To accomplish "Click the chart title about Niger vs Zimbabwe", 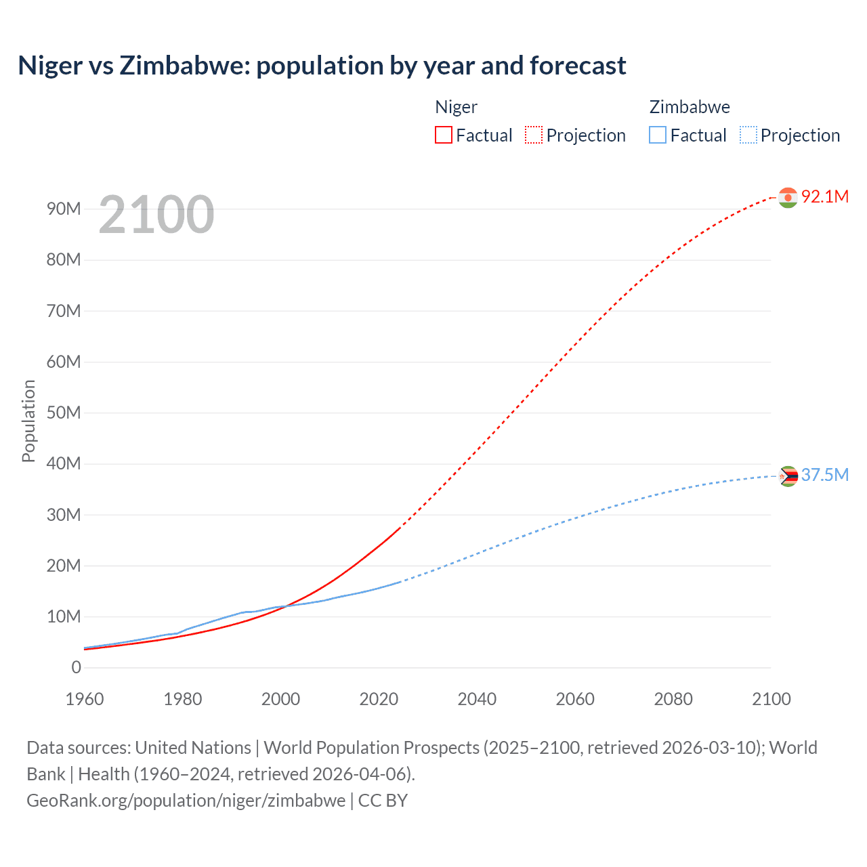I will click(x=322, y=66).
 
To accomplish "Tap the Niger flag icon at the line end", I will click(x=788, y=197).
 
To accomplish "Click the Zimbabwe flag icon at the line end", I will click(x=788, y=476).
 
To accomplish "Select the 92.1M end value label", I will click(x=824, y=196).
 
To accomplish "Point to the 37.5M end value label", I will click(x=824, y=475).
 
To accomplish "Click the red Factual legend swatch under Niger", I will click(x=443, y=135).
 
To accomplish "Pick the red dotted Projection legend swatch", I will click(x=534, y=135).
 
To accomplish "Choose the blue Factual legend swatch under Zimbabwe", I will click(x=657, y=135).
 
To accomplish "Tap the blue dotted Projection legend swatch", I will click(x=748, y=135).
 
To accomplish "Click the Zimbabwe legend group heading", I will click(x=690, y=107).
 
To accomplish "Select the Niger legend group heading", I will click(x=456, y=107).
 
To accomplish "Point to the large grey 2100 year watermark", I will click(x=156, y=215).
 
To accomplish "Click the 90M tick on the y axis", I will click(x=64, y=209).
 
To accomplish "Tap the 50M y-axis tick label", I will click(x=64, y=413).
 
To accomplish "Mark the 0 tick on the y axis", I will click(x=76, y=667).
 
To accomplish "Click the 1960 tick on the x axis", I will click(x=85, y=699).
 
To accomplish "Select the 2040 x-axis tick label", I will click(x=477, y=699).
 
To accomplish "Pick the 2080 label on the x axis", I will click(x=673, y=699).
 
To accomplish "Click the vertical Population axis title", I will click(x=28, y=421).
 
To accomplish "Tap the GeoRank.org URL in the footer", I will click(x=186, y=800).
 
